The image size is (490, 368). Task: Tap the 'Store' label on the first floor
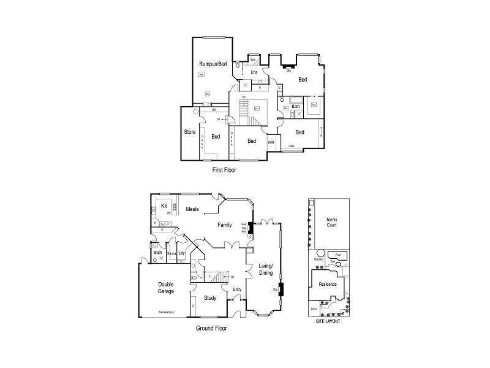click(189, 132)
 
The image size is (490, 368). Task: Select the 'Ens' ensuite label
click(254, 72)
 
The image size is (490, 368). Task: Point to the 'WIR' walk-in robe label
click(271, 142)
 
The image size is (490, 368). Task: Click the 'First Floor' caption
click(224, 170)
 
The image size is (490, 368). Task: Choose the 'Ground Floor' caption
click(211, 328)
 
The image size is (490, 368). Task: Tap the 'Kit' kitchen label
click(164, 206)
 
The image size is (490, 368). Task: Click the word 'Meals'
click(193, 210)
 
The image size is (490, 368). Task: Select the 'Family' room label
click(225, 225)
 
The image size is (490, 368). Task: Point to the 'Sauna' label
click(171, 253)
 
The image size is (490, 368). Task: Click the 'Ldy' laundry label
click(181, 253)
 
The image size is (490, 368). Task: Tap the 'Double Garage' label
click(166, 288)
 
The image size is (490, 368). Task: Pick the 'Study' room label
click(210, 298)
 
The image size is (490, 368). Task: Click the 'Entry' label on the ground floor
click(238, 289)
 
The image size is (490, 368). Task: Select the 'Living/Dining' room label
click(265, 269)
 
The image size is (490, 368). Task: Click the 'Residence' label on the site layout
click(328, 284)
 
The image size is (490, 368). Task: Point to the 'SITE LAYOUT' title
click(328, 321)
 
